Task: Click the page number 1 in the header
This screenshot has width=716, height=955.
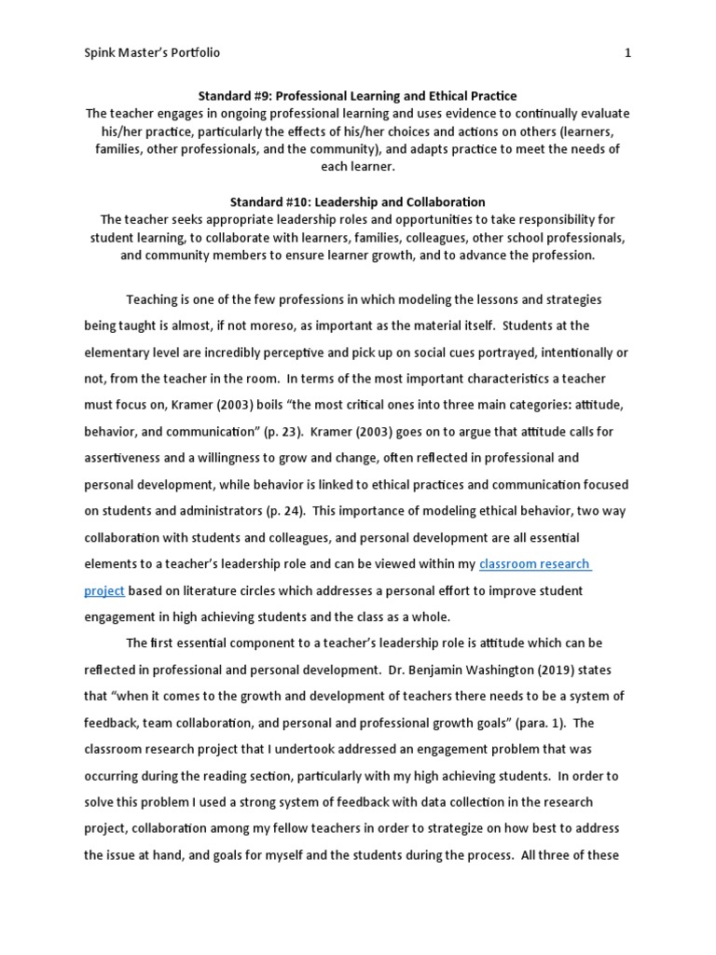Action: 628,53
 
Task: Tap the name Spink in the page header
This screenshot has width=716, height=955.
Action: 102,53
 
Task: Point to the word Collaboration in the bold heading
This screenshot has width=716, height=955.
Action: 447,201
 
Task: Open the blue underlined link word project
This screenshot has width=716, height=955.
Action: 103,590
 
